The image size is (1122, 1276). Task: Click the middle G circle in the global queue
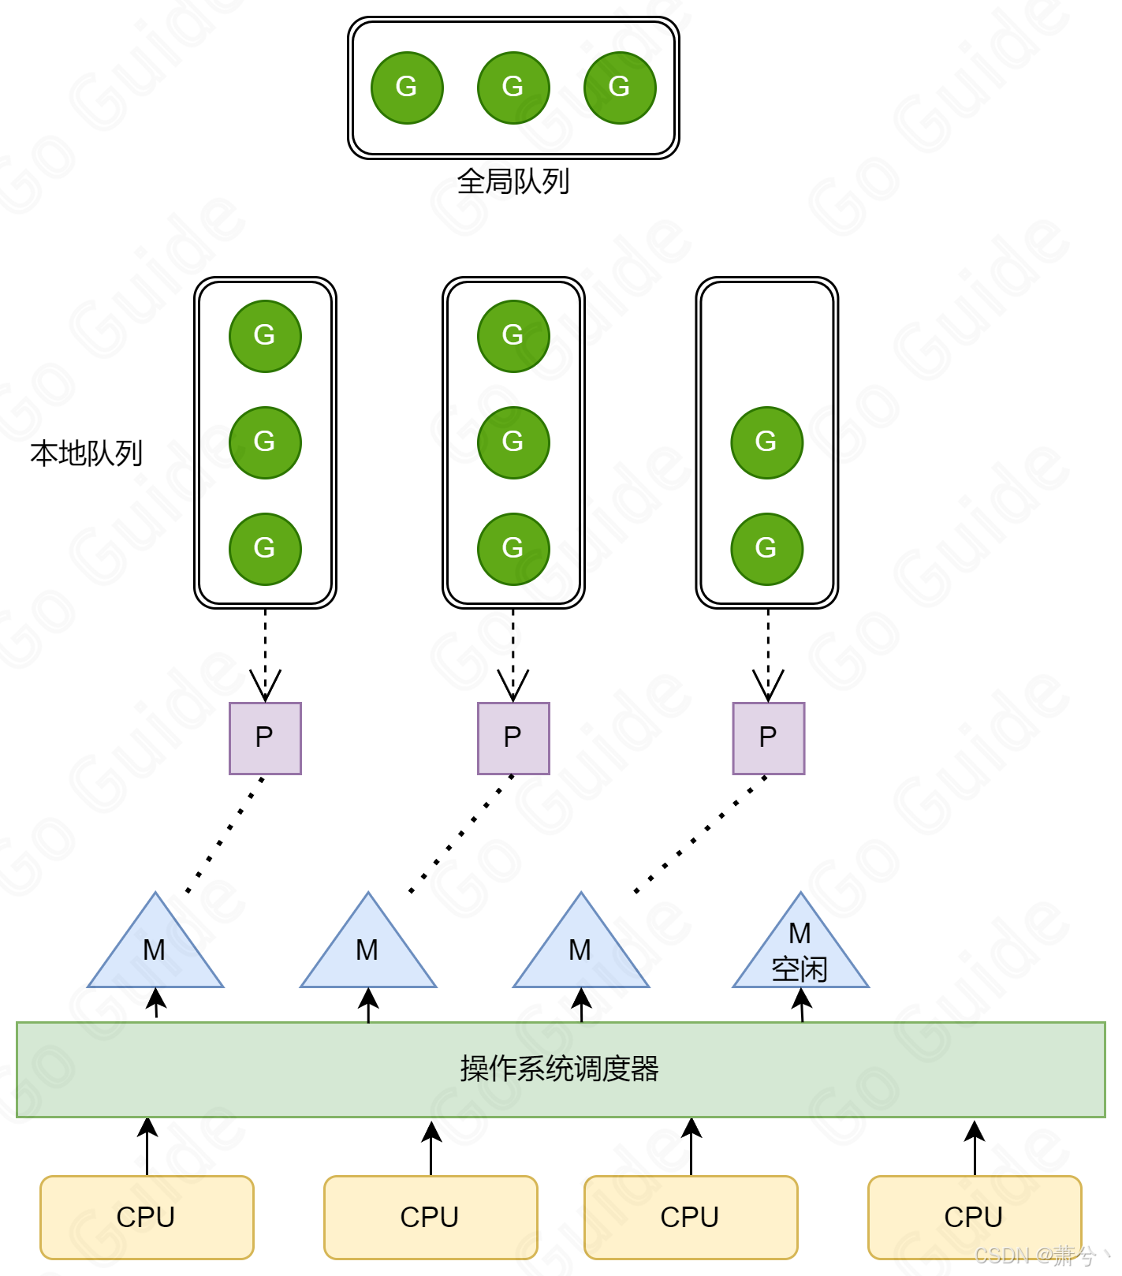click(x=513, y=88)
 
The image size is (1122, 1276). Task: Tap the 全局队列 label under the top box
click(x=513, y=182)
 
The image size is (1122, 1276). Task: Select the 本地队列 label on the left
click(x=87, y=453)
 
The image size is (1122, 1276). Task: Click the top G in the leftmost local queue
click(x=265, y=336)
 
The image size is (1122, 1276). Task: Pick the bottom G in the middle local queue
click(x=513, y=549)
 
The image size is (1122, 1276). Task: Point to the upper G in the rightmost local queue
click(x=766, y=442)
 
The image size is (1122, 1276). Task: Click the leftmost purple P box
click(x=265, y=738)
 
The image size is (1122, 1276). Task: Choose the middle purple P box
click(x=513, y=738)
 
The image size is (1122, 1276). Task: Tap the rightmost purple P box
click(x=768, y=738)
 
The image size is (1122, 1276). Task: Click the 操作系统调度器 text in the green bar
click(x=560, y=1069)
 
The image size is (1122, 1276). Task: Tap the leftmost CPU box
click(x=147, y=1217)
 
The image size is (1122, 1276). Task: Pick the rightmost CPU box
click(x=974, y=1217)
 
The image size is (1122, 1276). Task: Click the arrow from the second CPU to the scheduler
click(x=431, y=1148)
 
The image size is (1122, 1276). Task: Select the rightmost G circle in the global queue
click(x=620, y=88)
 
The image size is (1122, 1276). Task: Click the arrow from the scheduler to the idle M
click(x=802, y=1006)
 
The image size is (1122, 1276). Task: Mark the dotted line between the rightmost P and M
click(x=699, y=835)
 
